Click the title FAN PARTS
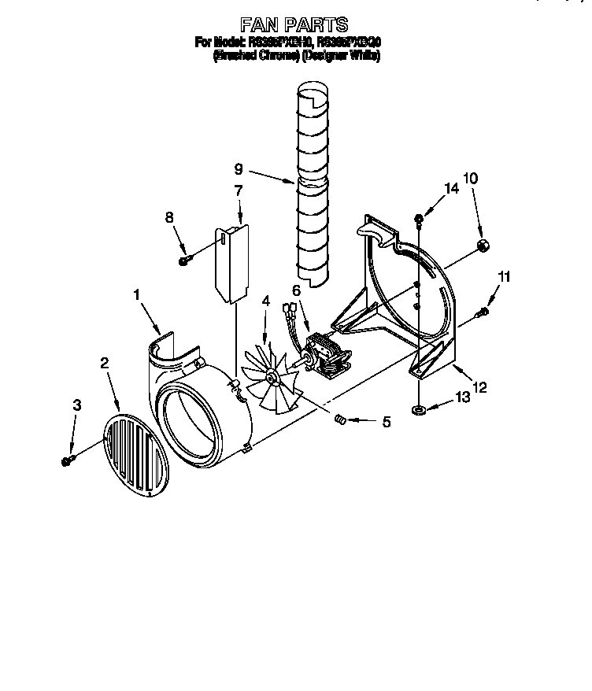pyautogui.click(x=294, y=25)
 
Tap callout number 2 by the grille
pyautogui.click(x=103, y=363)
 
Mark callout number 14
pyautogui.click(x=451, y=189)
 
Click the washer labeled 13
pyautogui.click(x=419, y=409)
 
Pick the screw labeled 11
pyautogui.click(x=483, y=312)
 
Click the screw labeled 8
pyautogui.click(x=185, y=260)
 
